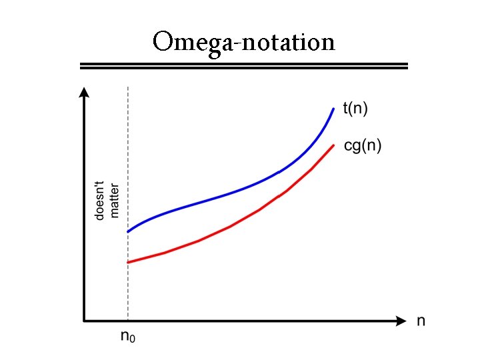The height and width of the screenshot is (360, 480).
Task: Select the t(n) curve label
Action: tap(355, 109)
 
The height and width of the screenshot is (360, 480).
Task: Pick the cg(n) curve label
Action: tap(363, 146)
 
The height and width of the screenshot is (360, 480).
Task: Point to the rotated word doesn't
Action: tap(99, 199)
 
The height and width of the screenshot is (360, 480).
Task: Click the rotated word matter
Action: tap(114, 199)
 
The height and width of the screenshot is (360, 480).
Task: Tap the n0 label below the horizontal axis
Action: tap(127, 337)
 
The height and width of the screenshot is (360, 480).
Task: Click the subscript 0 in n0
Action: tap(132, 339)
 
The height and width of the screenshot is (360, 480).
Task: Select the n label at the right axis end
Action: tap(421, 321)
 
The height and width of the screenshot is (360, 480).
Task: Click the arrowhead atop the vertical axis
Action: tap(83, 92)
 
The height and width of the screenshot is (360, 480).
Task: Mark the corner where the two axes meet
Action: tap(83, 321)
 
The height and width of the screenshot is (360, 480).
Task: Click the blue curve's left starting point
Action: tap(129, 231)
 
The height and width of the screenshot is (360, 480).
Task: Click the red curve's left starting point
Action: tap(129, 262)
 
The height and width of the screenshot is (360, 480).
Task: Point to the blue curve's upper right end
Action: tap(333, 108)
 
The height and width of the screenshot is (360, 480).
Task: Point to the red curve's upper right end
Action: tap(333, 145)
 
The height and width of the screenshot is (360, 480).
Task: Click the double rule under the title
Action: tap(243, 65)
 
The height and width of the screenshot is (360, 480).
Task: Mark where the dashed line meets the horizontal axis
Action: tap(127, 321)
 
